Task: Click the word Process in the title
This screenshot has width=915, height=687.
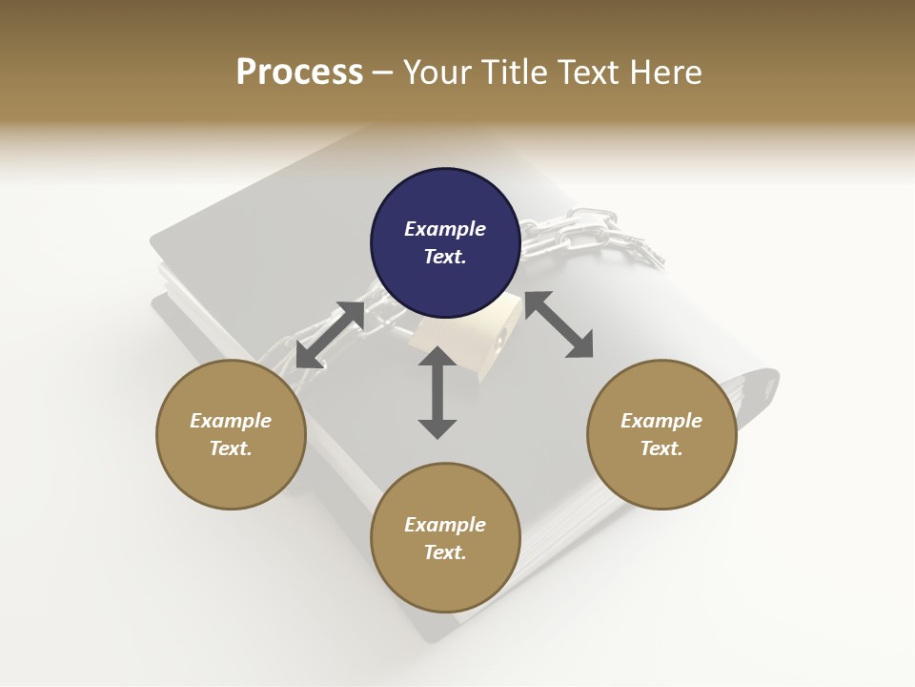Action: (x=299, y=72)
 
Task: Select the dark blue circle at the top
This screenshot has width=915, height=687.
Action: (x=445, y=242)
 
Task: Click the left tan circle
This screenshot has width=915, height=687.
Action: (x=231, y=434)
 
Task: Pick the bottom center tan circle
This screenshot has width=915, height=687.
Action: (x=445, y=537)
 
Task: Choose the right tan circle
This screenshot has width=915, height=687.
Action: (x=661, y=434)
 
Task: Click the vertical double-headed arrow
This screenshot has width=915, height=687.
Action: (x=437, y=392)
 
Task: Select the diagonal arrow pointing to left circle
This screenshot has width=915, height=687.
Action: (x=330, y=335)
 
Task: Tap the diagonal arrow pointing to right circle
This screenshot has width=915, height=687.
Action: (x=559, y=324)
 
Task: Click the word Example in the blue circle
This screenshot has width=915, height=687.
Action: (x=445, y=229)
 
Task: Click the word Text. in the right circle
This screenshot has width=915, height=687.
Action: (x=661, y=448)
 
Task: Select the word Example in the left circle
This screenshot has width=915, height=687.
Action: (x=231, y=421)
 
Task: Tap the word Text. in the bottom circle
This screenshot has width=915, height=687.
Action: (x=445, y=552)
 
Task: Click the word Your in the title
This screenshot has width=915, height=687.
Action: (x=437, y=72)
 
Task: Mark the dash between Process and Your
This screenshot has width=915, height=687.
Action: (x=383, y=73)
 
